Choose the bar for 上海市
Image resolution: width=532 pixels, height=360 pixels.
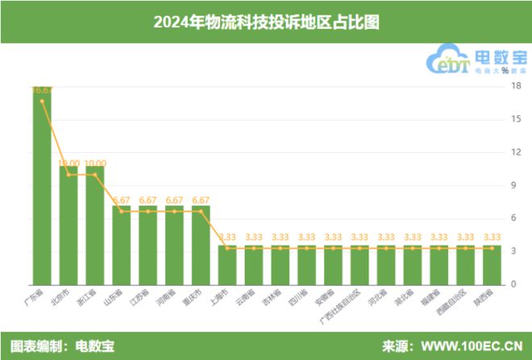(x=228, y=266)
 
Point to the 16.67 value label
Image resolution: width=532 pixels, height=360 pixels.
(x=43, y=90)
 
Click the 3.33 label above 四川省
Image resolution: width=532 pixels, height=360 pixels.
(x=307, y=237)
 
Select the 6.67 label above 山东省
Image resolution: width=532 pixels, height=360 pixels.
(x=122, y=200)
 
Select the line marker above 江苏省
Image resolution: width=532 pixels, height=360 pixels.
(x=148, y=211)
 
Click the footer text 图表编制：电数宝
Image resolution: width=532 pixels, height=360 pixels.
(x=63, y=346)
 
